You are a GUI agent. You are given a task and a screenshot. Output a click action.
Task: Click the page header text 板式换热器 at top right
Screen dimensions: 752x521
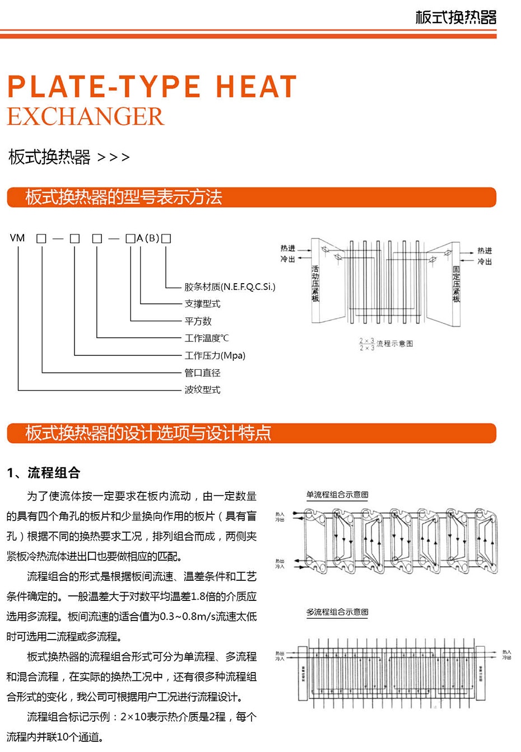[455, 17]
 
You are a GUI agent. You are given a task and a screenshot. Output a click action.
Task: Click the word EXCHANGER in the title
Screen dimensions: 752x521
[85, 116]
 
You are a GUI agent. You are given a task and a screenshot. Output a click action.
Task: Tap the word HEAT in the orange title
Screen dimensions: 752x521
[255, 87]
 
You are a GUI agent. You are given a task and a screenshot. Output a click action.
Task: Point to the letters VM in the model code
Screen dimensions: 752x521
[17, 238]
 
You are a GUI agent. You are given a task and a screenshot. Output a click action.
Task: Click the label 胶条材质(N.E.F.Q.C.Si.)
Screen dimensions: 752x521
[230, 287]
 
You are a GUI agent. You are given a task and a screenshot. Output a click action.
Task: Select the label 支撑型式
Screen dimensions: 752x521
[202, 304]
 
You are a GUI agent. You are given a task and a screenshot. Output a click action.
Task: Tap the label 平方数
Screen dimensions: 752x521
[198, 321]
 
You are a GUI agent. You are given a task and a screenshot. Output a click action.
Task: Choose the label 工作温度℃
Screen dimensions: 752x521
[206, 338]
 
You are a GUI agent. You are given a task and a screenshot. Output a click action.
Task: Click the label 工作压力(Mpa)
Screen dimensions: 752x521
[215, 355]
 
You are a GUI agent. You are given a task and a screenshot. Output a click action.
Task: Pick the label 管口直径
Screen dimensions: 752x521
[202, 373]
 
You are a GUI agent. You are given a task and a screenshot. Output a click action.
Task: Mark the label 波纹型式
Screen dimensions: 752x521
[202, 389]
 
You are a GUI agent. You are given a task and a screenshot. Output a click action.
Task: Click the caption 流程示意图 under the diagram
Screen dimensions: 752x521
[394, 344]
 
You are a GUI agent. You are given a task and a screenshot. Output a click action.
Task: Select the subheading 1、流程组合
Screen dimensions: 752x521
[44, 473]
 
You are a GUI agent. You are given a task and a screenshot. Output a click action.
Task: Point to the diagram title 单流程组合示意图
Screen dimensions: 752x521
[337, 495]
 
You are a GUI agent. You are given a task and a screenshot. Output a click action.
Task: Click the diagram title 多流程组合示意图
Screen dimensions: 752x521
[337, 612]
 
